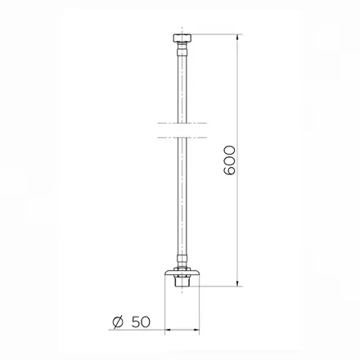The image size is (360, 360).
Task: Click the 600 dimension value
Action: click(x=229, y=160)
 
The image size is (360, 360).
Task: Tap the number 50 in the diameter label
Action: click(x=141, y=322)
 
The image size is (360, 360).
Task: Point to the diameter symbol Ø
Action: click(x=118, y=322)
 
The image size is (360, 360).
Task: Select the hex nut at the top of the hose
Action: click(x=182, y=38)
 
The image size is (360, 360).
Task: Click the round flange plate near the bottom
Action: click(x=182, y=272)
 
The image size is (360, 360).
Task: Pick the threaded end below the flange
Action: click(x=182, y=281)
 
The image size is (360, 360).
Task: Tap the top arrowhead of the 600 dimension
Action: click(x=238, y=38)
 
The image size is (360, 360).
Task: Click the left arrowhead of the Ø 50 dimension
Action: click(x=169, y=330)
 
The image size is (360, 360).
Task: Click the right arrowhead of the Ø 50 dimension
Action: click(x=196, y=330)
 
